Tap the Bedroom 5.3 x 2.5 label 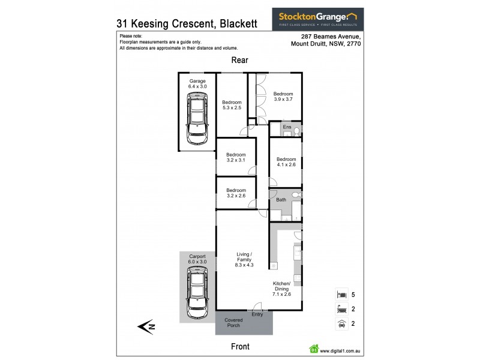(231, 104)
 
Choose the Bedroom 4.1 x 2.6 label (286, 162)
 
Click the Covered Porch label (234, 323)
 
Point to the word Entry (257, 314)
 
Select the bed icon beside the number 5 (341, 295)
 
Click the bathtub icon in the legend (341, 310)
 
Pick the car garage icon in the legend (341, 324)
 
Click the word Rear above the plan (240, 61)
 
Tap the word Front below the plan (240, 347)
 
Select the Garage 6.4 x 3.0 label (197, 84)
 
